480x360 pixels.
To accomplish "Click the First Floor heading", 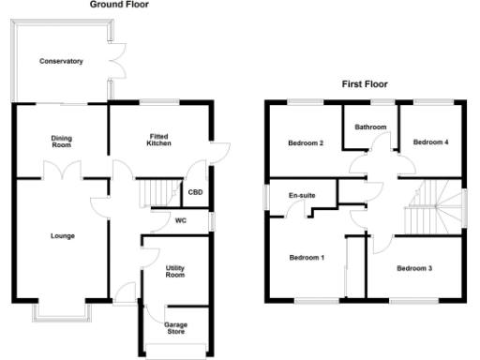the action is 364,84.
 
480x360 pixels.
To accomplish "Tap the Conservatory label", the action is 61,62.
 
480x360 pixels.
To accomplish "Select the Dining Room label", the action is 61,142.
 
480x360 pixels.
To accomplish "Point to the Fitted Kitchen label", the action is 157,140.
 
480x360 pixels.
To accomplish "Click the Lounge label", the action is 62,235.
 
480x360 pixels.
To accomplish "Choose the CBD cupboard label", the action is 195,193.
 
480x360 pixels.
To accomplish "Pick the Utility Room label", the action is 175,272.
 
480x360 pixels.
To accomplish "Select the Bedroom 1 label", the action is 307,258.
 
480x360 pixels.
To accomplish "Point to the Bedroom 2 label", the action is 306,143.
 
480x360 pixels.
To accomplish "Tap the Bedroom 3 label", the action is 413,269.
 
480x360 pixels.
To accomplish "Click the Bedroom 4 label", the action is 431,142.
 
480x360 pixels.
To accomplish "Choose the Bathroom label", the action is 370,127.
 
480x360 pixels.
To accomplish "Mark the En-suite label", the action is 302,195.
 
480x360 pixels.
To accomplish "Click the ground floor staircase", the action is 157,195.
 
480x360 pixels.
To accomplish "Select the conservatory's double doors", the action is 115,65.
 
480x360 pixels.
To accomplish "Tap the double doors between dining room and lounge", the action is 62,172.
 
